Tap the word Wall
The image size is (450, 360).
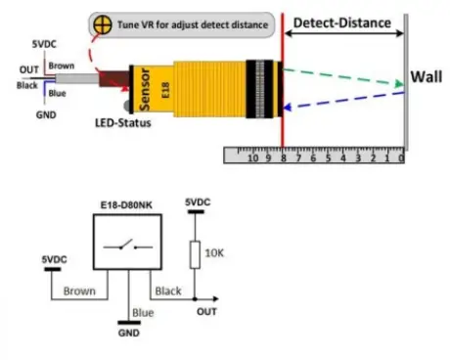pyautogui.click(x=427, y=76)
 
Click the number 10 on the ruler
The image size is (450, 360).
pyautogui.click(x=253, y=157)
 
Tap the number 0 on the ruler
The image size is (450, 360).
pyautogui.click(x=401, y=157)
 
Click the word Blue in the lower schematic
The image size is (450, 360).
pyautogui.click(x=143, y=312)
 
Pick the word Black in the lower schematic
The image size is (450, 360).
pyautogui.click(x=169, y=291)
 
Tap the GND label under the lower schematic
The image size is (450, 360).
pyautogui.click(x=127, y=333)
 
